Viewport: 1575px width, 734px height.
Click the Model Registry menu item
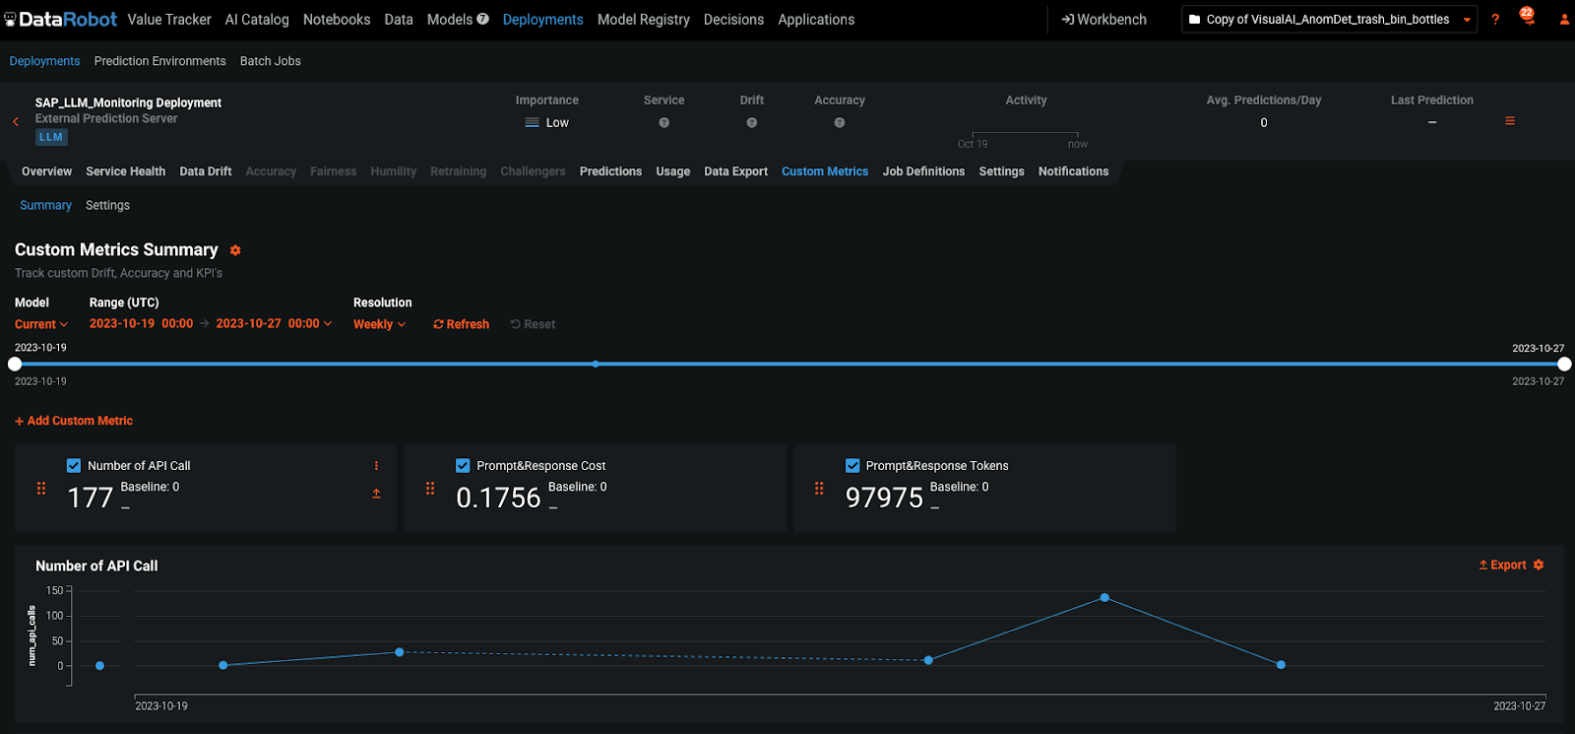click(643, 20)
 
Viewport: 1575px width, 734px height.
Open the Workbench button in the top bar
click(1103, 20)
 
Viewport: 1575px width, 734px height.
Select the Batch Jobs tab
click(270, 61)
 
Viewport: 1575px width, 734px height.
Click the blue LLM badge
click(51, 137)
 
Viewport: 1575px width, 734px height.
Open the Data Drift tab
click(205, 171)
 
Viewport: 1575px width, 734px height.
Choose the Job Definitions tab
click(922, 171)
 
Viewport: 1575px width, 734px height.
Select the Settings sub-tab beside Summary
click(107, 205)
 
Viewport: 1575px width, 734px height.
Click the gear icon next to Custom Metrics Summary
click(235, 250)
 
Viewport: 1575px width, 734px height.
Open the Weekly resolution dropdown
click(379, 324)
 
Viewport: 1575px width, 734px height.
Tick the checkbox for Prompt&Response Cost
click(463, 466)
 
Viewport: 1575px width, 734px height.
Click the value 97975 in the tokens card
click(884, 498)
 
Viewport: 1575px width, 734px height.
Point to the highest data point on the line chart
click(1104, 598)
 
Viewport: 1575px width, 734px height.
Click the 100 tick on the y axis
click(55, 616)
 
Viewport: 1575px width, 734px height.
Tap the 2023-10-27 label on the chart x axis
click(1519, 705)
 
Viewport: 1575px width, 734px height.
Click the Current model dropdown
click(41, 324)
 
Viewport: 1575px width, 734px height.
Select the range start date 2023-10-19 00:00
click(141, 323)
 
